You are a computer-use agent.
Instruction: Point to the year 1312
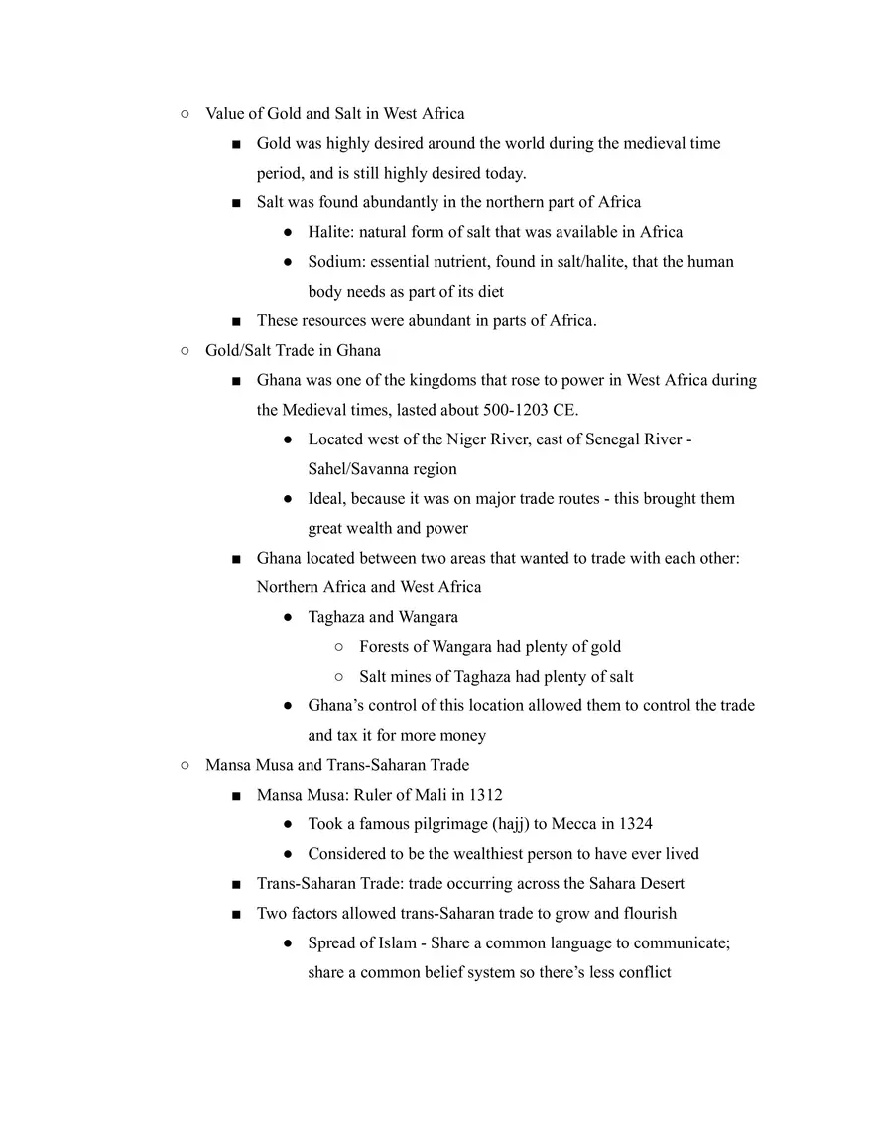485,795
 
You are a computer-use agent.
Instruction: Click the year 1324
635,824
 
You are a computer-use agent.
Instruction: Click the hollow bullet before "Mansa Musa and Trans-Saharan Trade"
186,765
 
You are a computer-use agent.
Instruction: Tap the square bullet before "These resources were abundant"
236,321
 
